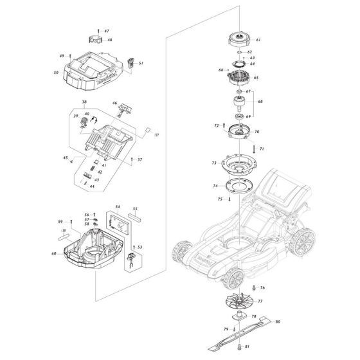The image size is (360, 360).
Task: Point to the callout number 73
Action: point(214,164)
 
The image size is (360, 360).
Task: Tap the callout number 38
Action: point(84,103)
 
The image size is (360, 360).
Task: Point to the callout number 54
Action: point(118,207)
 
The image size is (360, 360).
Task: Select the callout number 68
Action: point(260,102)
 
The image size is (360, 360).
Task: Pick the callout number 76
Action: point(262,287)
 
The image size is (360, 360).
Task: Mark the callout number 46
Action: point(115,103)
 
